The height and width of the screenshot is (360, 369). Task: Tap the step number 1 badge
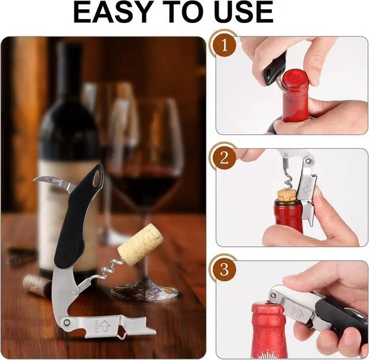coord(224,45)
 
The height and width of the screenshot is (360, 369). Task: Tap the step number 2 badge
coord(224,157)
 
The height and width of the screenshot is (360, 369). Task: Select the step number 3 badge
coord(224,269)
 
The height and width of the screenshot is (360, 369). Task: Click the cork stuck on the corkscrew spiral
coord(141,245)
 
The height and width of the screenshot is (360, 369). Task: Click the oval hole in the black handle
coord(97,177)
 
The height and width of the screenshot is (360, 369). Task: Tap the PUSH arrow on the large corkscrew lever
coord(104,325)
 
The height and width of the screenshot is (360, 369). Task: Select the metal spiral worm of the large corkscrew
coord(111,268)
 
